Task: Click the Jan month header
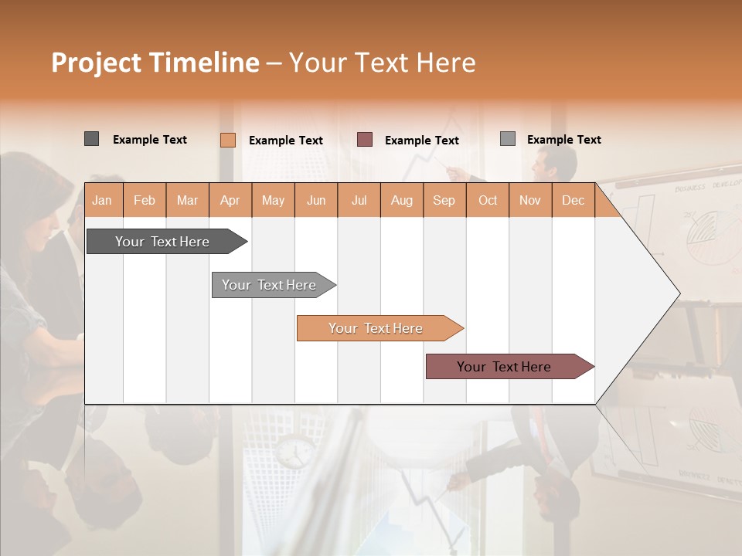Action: (102, 201)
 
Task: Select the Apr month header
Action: (230, 201)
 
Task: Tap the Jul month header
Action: (359, 201)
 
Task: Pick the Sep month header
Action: (444, 201)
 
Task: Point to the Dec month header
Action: (573, 201)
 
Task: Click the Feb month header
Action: (145, 201)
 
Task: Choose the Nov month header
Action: (530, 201)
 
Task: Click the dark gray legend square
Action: (91, 139)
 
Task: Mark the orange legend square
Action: (227, 140)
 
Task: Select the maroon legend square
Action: (365, 140)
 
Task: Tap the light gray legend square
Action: (507, 139)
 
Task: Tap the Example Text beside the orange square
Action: (286, 141)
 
